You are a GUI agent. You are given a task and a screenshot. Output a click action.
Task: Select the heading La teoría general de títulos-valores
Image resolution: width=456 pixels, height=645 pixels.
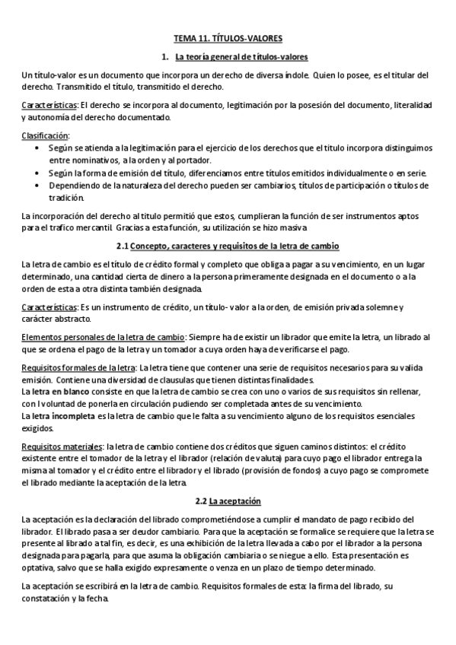(241, 56)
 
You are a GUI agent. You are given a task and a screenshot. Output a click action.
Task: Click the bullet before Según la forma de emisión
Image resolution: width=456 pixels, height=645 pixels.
(40, 173)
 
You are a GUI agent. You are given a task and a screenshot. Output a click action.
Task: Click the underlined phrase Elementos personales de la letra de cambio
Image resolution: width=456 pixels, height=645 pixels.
(103, 338)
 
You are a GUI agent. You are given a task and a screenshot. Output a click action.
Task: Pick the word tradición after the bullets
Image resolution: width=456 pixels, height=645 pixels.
(68, 197)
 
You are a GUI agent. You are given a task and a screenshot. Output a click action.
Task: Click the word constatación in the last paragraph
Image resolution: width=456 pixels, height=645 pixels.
(49, 599)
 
